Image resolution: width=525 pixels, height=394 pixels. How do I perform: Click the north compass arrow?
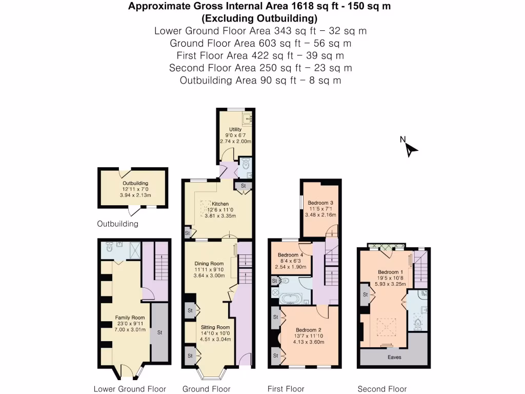tap(411, 148)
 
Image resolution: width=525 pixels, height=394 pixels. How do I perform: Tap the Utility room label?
tap(235, 129)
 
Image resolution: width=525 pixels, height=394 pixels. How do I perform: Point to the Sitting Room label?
tap(215, 327)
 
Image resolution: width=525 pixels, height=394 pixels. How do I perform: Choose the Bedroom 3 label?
tap(320, 203)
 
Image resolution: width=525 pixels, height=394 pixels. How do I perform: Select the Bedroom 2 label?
tap(308, 330)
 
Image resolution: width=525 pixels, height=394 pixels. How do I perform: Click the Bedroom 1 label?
tap(391, 271)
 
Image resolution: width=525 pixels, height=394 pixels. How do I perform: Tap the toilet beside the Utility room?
tap(246, 165)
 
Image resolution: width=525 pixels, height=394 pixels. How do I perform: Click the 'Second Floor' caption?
tap(382, 389)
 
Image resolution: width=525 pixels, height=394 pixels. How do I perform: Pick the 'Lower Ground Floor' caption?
tap(130, 389)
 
